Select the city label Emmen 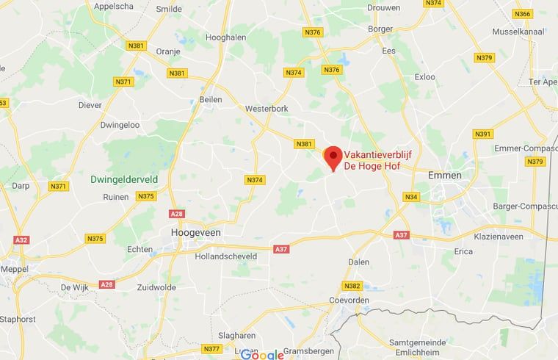point(446,175)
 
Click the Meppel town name point(15,269)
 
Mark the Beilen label point(211,99)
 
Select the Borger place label point(380,29)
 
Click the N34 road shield point(411,196)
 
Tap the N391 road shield point(482,134)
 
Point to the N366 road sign point(522,14)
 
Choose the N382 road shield point(352,286)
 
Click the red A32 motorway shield point(21,240)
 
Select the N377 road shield point(211,348)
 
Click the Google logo point(261,354)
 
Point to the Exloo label point(424,76)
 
